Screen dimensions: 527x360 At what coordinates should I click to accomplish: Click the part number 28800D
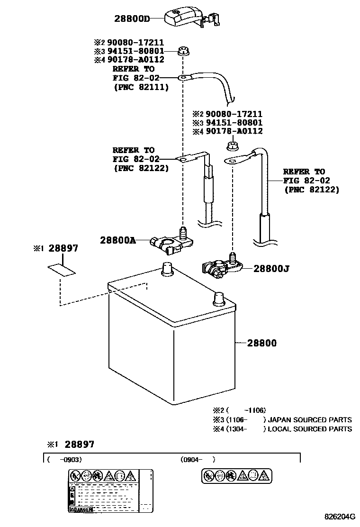pos(132,19)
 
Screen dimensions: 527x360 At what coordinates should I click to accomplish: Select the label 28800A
pos(117,240)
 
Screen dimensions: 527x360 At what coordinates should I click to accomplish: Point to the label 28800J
pos(271,269)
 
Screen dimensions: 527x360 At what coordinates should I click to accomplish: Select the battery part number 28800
pos(261,343)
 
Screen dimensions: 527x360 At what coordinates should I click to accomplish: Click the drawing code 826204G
pos(339,517)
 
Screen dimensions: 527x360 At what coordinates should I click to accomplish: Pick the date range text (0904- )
pos(198,459)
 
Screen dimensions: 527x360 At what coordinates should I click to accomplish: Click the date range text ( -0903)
pos(64,459)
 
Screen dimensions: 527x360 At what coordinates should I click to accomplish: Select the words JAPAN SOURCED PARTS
pos(310,419)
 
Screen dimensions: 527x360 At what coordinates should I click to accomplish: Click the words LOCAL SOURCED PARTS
pos(310,429)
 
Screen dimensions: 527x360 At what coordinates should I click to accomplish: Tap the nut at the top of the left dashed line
pos(182,51)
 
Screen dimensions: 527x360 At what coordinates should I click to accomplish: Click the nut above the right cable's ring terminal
pos(233,145)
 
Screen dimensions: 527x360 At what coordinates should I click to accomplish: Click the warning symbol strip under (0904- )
pos(236,475)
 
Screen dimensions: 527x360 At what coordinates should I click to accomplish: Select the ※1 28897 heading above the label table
pos(71,445)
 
